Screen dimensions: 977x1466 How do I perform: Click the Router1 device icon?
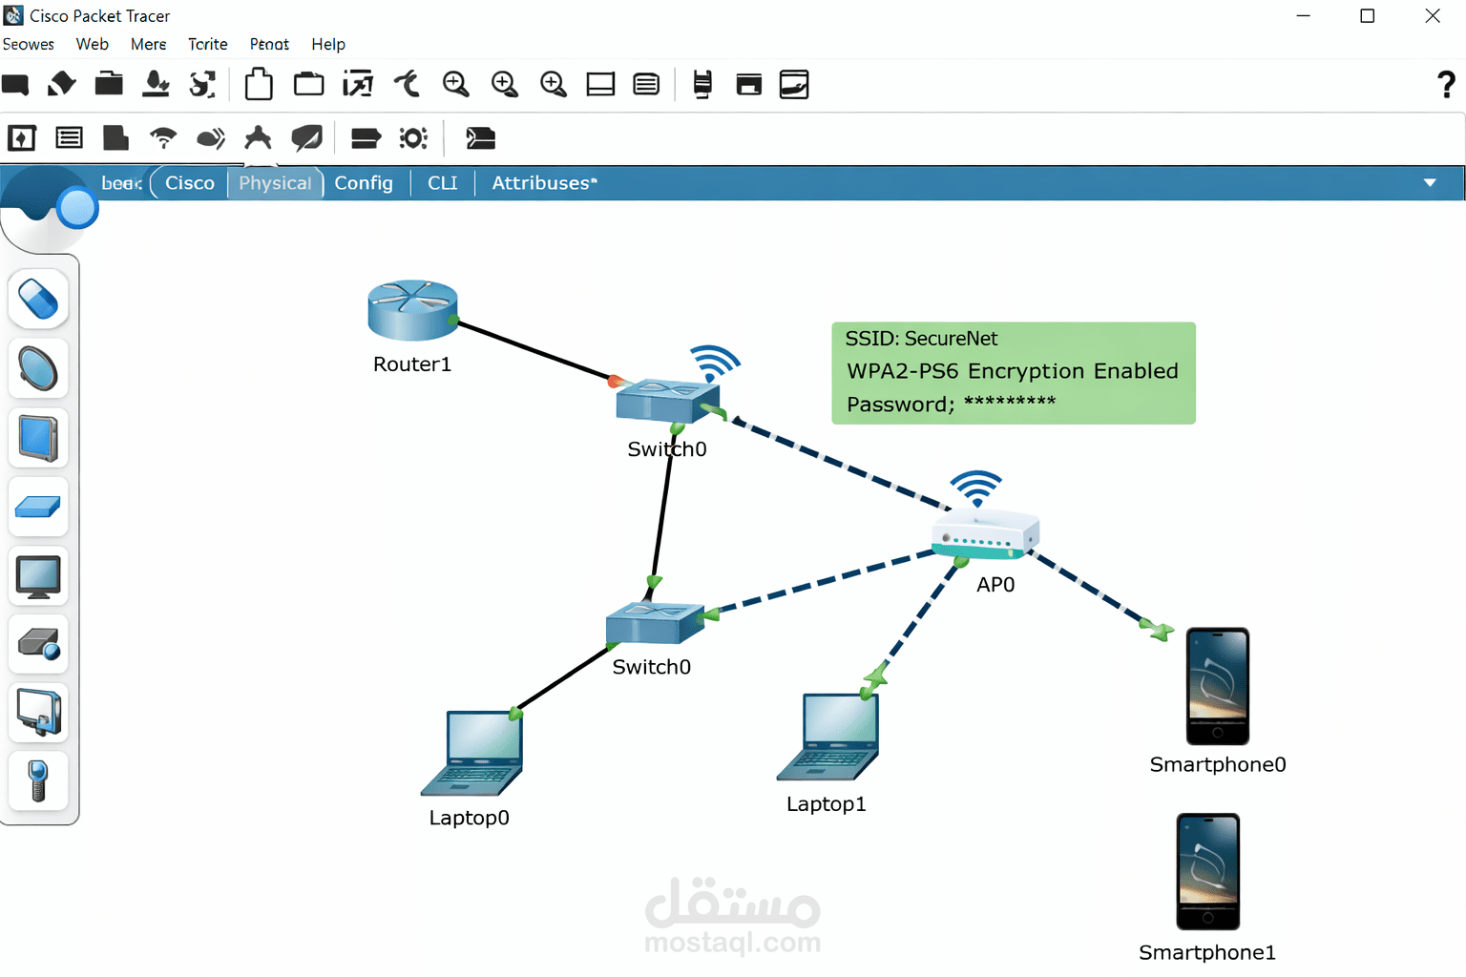(412, 310)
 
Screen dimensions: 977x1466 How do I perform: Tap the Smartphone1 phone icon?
(1207, 871)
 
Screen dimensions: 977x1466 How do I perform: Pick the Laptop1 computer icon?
(829, 737)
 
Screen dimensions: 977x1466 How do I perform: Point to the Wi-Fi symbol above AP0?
(976, 488)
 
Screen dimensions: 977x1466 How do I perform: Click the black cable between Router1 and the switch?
(534, 350)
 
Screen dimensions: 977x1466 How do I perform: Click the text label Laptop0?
(469, 818)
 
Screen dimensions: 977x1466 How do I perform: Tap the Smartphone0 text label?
(1217, 764)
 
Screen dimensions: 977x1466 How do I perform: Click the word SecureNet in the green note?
(951, 339)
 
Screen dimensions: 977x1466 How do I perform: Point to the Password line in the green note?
(951, 404)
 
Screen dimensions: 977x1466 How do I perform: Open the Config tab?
(364, 183)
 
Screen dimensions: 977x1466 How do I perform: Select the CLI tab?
(442, 183)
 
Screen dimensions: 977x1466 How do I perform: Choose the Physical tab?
(275, 183)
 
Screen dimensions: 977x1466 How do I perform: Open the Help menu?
(328, 44)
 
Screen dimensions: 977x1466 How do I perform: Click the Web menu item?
(93, 44)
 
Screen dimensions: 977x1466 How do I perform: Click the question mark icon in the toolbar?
(1446, 85)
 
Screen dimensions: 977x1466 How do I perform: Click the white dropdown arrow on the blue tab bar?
(1429, 183)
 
